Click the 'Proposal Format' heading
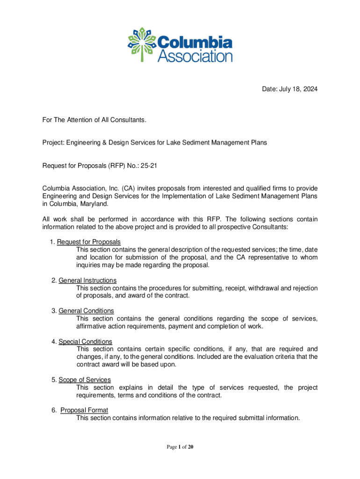point(84,410)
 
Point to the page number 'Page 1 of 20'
point(180,447)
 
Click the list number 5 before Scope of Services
point(54,379)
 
